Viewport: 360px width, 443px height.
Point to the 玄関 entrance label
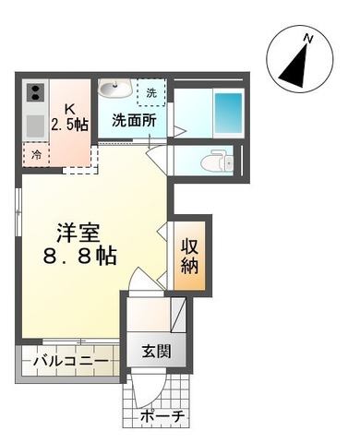coord(156,352)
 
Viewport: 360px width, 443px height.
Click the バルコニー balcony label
coord(69,361)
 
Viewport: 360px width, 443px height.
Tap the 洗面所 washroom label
coord(134,120)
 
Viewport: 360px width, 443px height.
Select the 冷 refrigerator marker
coord(36,154)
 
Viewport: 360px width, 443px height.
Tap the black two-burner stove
coord(36,92)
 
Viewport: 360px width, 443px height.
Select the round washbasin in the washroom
coord(115,90)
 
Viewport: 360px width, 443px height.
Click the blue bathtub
coord(228,113)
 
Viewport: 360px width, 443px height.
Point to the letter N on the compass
coord(311,39)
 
